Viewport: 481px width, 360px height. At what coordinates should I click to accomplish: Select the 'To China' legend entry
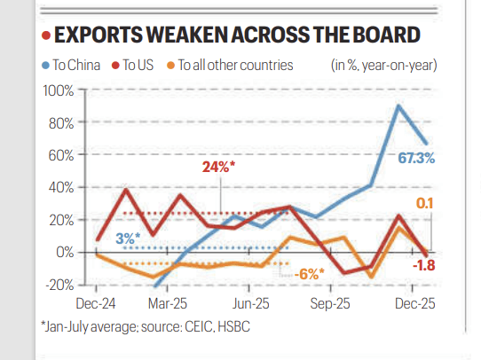tap(74, 65)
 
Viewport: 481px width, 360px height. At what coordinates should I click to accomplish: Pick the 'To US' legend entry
tap(135, 65)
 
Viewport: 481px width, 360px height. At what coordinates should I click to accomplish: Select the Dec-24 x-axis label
tap(92, 302)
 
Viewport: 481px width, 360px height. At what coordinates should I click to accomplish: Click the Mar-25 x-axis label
tap(168, 302)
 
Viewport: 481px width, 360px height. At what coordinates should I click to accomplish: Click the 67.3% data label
tap(415, 158)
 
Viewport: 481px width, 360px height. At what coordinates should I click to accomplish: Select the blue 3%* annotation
tap(127, 238)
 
